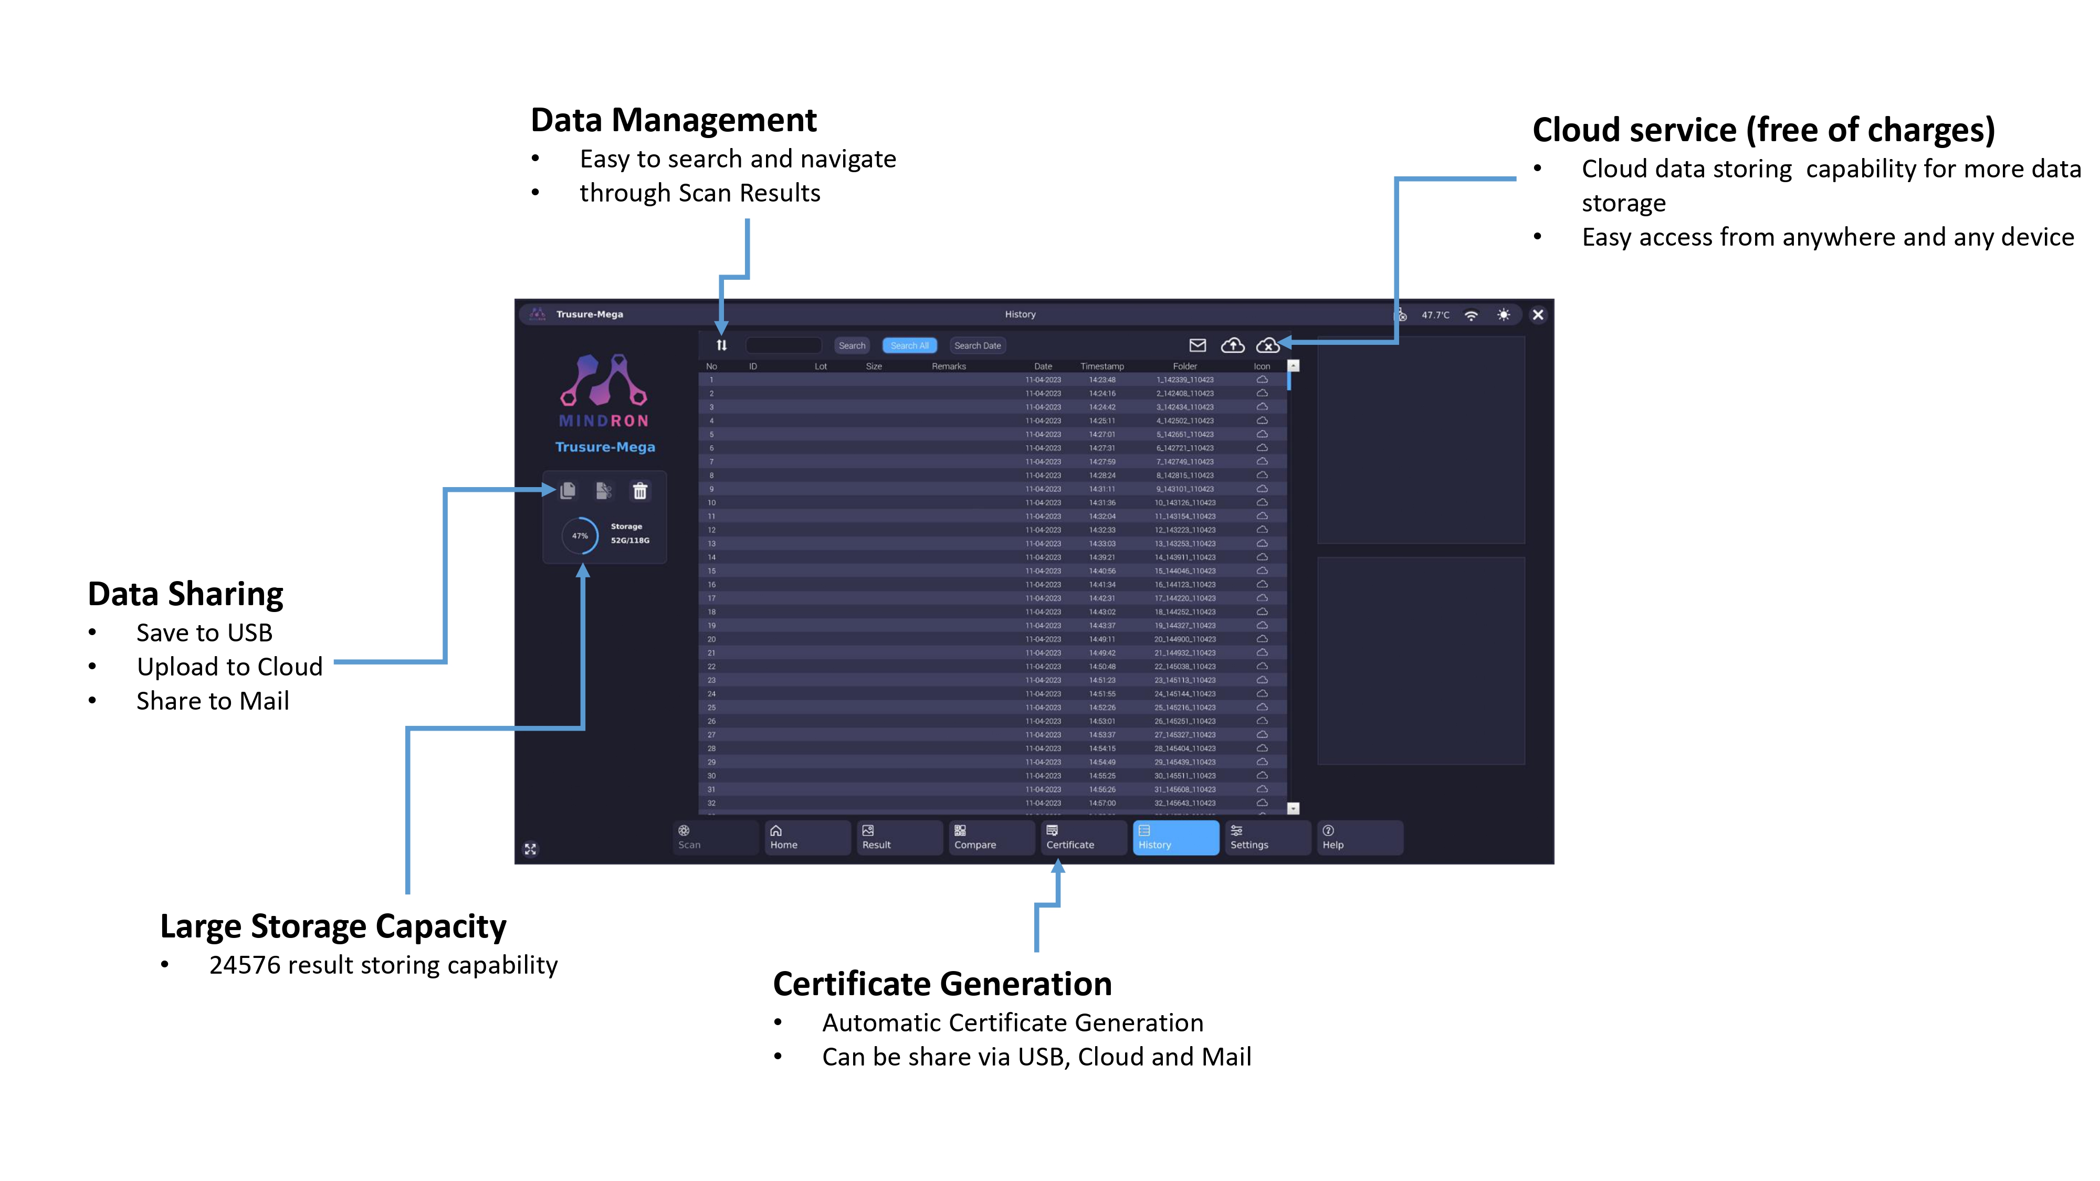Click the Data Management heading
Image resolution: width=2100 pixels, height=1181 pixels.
tap(674, 121)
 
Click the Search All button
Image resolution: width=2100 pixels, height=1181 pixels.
tap(909, 345)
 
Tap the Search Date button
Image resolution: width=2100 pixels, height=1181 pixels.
tap(978, 345)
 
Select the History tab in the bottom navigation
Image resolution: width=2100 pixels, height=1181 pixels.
tap(1175, 838)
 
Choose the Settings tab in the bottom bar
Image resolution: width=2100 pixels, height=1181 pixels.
tap(1266, 838)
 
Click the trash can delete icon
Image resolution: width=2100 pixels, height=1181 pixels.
tap(640, 491)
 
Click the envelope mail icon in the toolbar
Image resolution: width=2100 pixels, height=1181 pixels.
tap(1198, 345)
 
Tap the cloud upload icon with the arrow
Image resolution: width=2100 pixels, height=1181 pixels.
tap(1233, 345)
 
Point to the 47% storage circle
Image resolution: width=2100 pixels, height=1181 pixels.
tap(580, 535)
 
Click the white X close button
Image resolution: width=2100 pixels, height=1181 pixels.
tap(1538, 314)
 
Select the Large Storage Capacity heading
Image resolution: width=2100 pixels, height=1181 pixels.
tap(333, 927)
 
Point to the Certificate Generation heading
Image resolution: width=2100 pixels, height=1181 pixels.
tap(941, 984)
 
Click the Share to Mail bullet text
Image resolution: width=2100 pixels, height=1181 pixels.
tap(213, 701)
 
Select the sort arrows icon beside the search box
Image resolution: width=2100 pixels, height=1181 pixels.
tap(721, 345)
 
